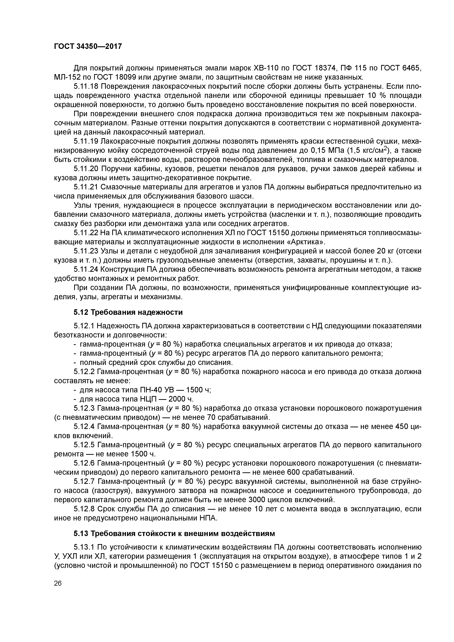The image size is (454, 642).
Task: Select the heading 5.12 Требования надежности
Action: point(128,312)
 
